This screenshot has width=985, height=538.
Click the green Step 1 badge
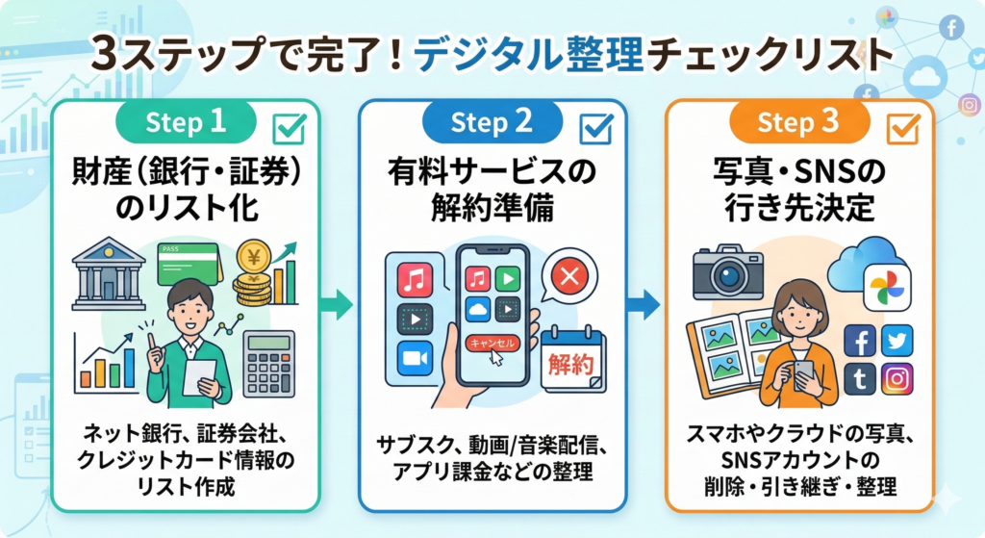186,122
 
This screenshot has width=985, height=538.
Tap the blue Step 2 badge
492,122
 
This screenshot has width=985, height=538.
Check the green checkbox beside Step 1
290,128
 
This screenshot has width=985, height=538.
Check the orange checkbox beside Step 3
903,128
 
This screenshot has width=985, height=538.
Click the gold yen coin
254,259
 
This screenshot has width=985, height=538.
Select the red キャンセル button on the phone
491,343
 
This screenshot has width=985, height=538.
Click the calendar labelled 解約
572,362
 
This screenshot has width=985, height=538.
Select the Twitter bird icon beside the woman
897,340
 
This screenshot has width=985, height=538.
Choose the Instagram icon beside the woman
897,378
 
